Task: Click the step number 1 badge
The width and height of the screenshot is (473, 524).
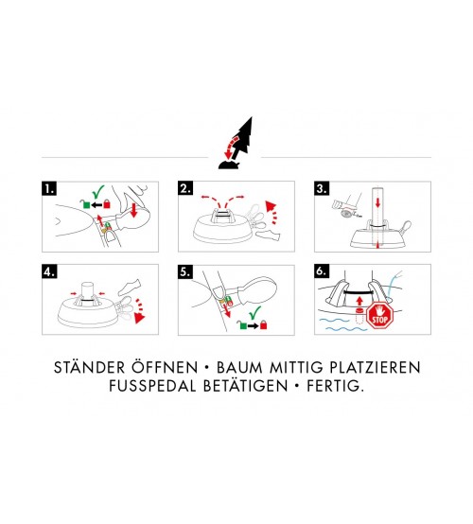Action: (x=49, y=188)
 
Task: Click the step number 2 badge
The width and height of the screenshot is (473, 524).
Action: (x=185, y=188)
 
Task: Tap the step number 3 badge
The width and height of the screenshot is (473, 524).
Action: (x=322, y=188)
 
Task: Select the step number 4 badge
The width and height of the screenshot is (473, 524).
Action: (x=49, y=271)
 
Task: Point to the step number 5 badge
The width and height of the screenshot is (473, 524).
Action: (x=185, y=271)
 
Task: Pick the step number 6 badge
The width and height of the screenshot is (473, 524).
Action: (x=322, y=271)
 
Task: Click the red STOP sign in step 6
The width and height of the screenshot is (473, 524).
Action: (x=379, y=316)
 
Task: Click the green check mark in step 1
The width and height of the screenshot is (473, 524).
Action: (x=98, y=191)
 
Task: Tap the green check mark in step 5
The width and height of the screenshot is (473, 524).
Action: (x=254, y=312)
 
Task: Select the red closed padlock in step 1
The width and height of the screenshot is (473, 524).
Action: (x=107, y=203)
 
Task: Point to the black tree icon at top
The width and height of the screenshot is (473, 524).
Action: (x=238, y=143)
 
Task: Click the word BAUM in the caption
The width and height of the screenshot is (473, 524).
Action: (x=239, y=368)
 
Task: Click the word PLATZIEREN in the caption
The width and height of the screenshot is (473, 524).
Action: (x=375, y=368)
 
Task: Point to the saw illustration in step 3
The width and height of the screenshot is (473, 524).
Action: (x=347, y=207)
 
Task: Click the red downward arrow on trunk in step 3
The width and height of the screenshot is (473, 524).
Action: (x=377, y=202)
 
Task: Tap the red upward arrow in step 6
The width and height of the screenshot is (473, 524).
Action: (x=359, y=301)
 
